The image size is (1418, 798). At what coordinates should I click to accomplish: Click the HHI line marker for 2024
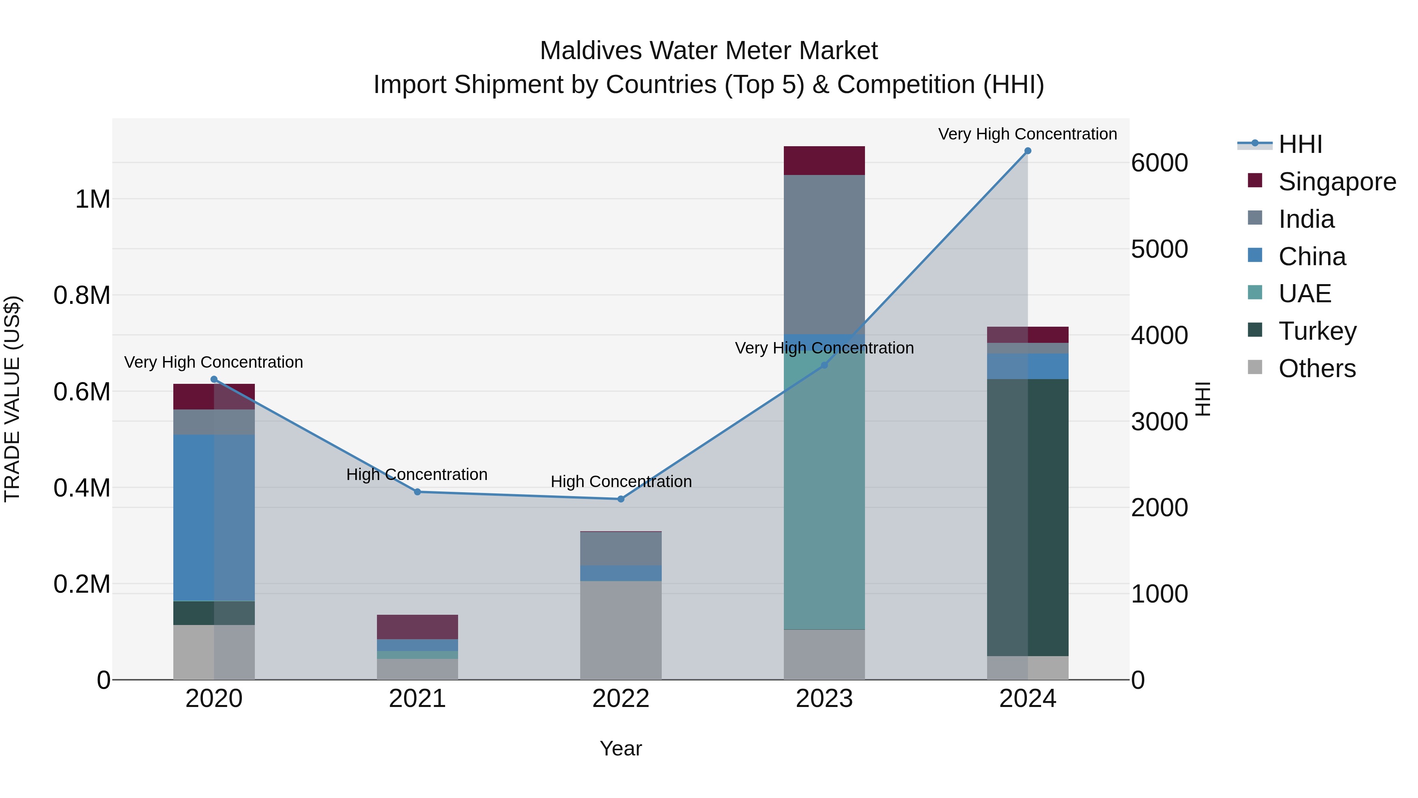[x=1027, y=151]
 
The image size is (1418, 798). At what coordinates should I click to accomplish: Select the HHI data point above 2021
[x=417, y=492]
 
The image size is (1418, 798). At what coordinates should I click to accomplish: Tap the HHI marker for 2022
[x=621, y=499]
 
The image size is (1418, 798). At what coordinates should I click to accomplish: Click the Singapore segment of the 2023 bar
[x=824, y=161]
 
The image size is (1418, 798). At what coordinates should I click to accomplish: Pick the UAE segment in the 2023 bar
[x=824, y=496]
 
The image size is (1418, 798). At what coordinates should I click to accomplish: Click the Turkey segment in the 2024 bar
[x=1027, y=518]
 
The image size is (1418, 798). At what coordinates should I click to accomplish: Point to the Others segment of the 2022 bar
[x=621, y=631]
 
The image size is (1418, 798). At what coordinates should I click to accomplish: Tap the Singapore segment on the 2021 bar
[x=417, y=627]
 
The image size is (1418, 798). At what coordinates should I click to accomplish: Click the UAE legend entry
[x=1305, y=294]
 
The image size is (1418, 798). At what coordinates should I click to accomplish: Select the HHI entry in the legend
[x=1300, y=144]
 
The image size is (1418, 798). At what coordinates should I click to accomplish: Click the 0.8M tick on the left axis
[x=82, y=296]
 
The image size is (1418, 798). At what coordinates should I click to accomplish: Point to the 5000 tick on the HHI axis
[x=1159, y=249]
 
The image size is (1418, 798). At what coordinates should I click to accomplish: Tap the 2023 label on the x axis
[x=824, y=699]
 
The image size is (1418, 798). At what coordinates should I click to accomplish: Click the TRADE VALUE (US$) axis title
[x=12, y=399]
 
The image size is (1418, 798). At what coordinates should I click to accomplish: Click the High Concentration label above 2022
[x=621, y=482]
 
